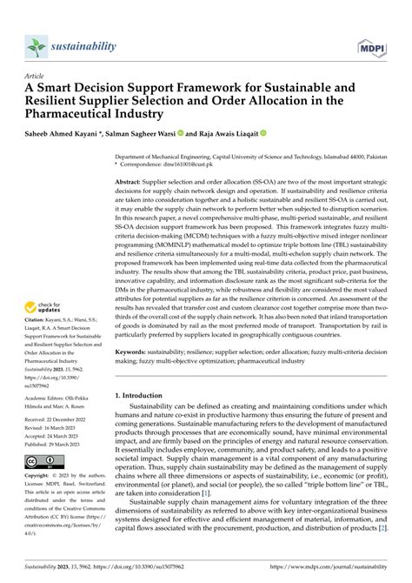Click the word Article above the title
pos(36,76)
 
